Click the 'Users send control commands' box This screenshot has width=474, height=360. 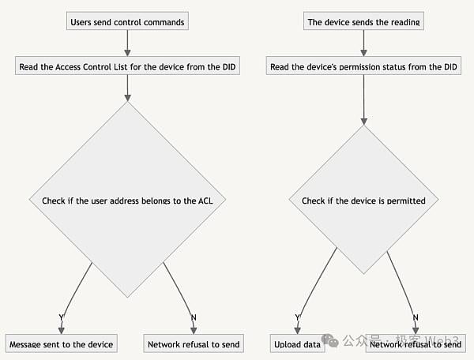tap(127, 21)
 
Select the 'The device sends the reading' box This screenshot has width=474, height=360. tap(363, 21)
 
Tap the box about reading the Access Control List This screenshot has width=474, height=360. tap(127, 66)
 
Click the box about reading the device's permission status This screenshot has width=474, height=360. tap(363, 66)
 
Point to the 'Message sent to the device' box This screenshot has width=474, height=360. tap(62, 343)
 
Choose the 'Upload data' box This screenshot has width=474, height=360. tap(298, 343)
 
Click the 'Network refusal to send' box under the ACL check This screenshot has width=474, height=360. tap(194, 343)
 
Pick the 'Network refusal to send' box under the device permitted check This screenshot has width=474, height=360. tap(416, 343)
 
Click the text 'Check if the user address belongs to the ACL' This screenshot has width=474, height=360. tap(127, 201)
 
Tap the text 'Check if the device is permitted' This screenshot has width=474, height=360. tap(363, 201)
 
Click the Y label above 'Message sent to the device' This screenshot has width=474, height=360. tap(62, 317)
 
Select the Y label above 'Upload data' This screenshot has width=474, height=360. tap(298, 317)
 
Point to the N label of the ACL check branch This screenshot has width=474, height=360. tap(194, 317)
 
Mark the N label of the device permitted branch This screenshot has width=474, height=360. tap(416, 317)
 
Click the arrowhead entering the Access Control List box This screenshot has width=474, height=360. tap(127, 53)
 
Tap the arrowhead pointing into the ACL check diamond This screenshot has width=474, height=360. tap(127, 98)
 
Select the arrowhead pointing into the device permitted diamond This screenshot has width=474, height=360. tap(364, 122)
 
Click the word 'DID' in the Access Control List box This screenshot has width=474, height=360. tap(229, 67)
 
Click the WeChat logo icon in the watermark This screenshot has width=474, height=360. tap(330, 341)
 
